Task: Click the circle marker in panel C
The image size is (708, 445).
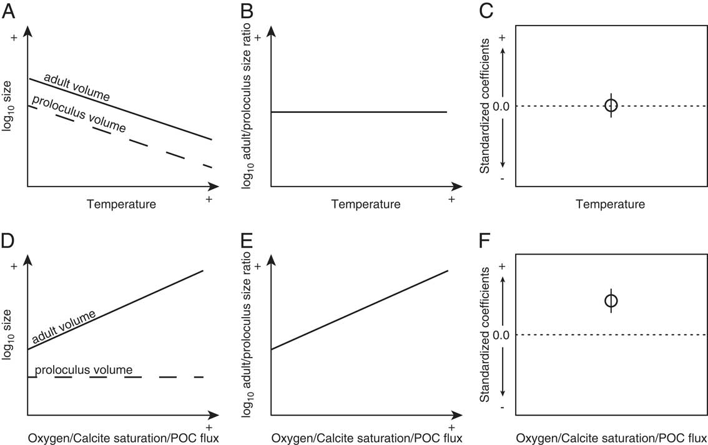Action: (611, 105)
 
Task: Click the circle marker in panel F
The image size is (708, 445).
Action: (611, 301)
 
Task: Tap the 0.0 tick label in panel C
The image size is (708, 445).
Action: (501, 106)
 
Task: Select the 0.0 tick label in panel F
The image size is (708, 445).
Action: (501, 335)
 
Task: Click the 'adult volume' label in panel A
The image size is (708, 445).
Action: (76, 88)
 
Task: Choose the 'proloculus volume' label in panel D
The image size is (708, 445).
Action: (84, 370)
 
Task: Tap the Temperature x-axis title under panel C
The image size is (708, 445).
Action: (611, 204)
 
